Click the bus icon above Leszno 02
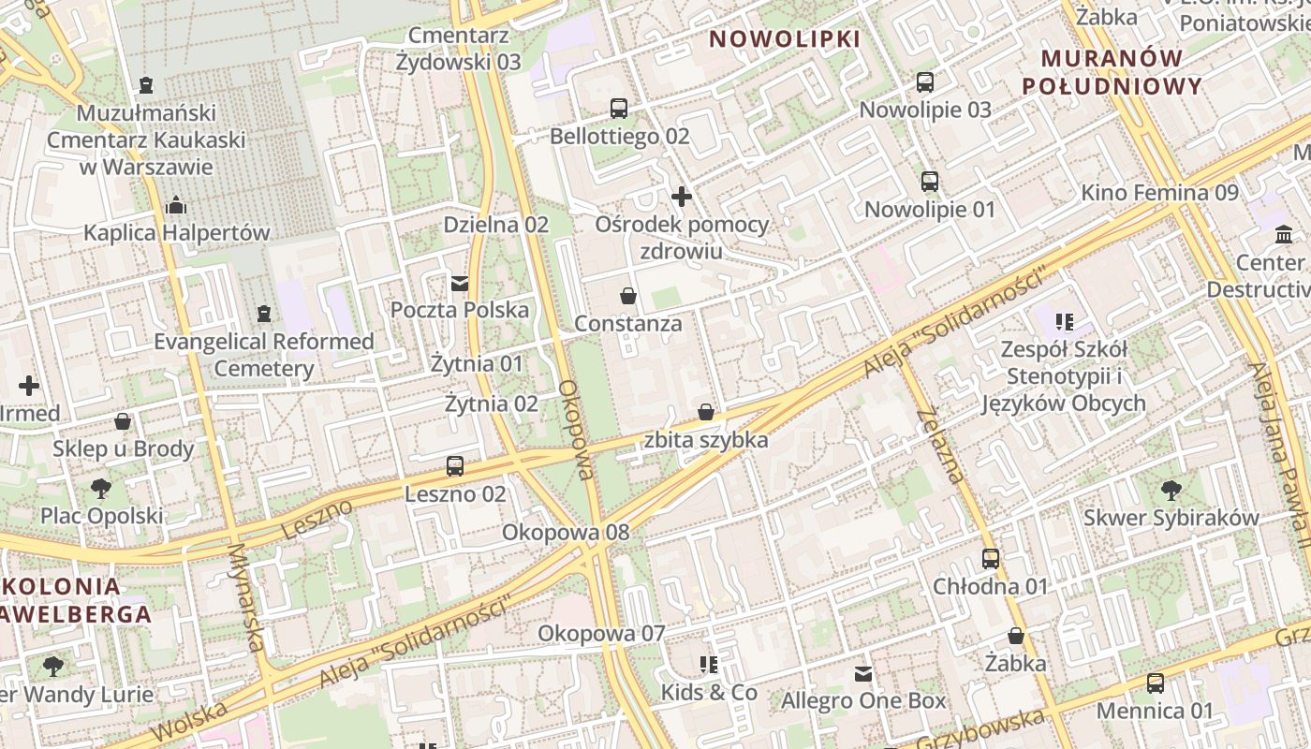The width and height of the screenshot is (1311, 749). coord(455,465)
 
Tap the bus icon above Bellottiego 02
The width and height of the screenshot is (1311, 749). coord(619,108)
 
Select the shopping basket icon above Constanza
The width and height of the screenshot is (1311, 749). coord(628,296)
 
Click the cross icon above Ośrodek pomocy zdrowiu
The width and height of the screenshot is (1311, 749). coord(682,197)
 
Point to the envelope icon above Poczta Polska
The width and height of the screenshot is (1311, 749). coord(460,283)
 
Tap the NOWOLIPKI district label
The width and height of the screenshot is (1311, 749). coord(784,39)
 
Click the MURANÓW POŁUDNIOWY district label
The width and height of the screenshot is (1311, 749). coord(1112,72)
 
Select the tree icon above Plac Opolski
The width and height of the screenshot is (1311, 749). coord(101,488)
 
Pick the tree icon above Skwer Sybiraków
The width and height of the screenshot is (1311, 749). coord(1171,489)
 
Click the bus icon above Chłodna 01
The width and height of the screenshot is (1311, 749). coord(991,559)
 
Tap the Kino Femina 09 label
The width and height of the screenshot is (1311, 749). coord(1159,193)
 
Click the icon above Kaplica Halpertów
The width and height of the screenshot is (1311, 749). coord(176,205)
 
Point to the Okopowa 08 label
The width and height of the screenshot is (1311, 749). coord(566,533)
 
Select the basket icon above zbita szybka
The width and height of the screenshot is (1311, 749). coord(706,412)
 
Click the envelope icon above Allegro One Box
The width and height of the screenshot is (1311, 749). coord(863,673)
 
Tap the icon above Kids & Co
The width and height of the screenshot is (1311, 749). coord(709,665)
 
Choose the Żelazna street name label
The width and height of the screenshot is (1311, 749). coord(940,445)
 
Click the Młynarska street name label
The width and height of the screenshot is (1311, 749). coord(246,598)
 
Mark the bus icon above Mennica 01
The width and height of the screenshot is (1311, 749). coord(1156,683)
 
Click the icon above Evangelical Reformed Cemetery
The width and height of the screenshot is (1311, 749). coord(264,313)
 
